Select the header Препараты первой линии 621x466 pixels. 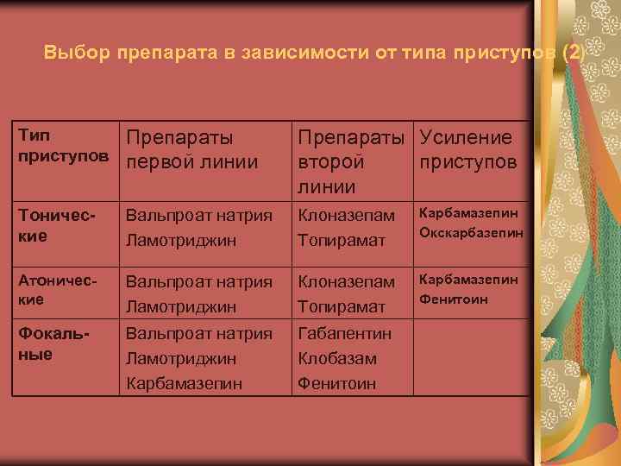[x=191, y=149]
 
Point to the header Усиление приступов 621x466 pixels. [x=467, y=149]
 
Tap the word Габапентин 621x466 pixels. [x=344, y=333]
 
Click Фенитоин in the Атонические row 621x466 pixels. [x=454, y=299]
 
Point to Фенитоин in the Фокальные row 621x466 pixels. [x=336, y=383]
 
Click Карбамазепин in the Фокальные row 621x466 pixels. [x=185, y=383]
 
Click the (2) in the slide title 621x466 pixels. [x=572, y=53]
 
